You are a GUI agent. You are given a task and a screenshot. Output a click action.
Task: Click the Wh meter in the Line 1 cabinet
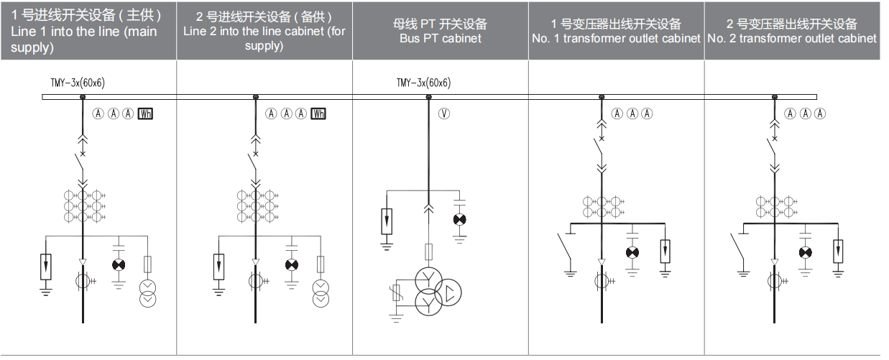145,114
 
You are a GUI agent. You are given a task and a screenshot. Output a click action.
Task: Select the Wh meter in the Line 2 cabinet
318,114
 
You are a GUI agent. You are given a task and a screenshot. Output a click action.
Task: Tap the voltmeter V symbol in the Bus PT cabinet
444,114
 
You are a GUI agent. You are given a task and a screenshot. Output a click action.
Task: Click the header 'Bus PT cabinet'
440,39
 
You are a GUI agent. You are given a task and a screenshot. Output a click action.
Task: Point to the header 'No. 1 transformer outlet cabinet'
616,39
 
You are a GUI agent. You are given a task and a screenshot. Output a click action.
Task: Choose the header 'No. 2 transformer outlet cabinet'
792,39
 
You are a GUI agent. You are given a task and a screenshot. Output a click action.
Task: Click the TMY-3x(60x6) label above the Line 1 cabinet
78,83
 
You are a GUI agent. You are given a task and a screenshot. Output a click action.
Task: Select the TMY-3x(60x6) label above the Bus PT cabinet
424,83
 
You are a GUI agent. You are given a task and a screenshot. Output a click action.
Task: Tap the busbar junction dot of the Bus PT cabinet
428,97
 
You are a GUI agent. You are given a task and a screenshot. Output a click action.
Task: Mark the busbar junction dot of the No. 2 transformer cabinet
775,97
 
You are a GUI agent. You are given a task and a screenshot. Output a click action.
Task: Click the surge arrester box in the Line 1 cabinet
46,267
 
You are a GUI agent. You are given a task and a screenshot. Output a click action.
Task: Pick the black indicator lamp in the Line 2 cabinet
292,264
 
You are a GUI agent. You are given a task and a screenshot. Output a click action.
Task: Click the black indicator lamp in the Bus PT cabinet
459,219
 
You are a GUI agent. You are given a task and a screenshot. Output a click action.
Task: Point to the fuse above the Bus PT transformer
428,251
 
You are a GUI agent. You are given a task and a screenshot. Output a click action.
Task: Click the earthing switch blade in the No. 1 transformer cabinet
564,246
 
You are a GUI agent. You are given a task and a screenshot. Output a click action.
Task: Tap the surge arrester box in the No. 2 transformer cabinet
838,251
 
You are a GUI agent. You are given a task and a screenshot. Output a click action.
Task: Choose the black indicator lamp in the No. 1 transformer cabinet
632,252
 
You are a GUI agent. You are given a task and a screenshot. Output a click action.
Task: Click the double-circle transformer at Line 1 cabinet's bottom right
147,294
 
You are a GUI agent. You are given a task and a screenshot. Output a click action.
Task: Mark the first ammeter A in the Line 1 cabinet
98,114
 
